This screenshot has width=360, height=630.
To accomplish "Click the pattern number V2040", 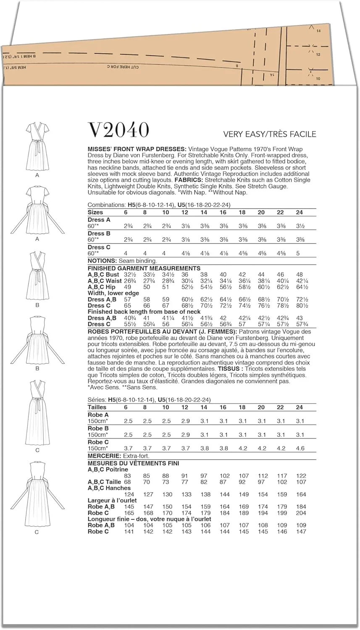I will pos(118,130).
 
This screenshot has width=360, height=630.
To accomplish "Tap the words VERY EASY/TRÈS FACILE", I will pos(269,134).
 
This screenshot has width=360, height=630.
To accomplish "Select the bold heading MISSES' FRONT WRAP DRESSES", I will pos(137,149).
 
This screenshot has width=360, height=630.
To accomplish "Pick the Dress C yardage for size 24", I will pos(299,254).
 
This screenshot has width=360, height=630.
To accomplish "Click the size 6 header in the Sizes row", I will pos(126,213).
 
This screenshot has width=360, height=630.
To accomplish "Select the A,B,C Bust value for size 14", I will pos(204,275).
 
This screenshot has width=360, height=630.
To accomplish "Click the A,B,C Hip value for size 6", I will pos(126,287).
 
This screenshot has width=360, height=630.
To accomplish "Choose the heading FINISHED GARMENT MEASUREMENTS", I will pos(144,268).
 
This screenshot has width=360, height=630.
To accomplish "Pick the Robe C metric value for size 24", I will pos(299,449).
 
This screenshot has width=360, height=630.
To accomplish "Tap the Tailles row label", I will pos(97,407).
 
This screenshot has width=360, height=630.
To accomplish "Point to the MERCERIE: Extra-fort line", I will pos(118,456).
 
